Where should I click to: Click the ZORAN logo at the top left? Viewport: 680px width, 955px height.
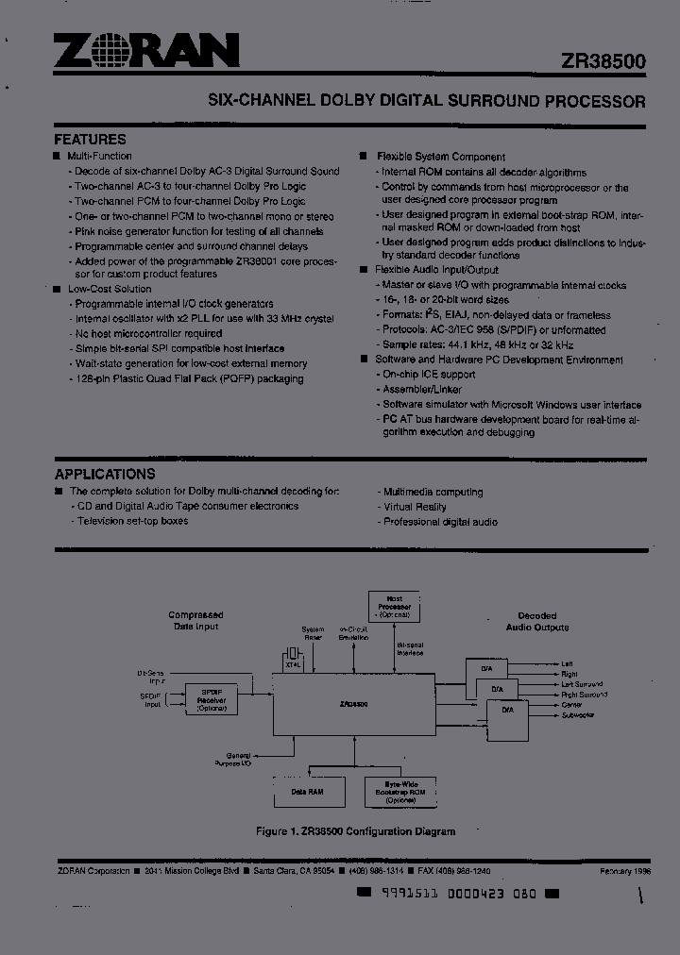click(x=146, y=52)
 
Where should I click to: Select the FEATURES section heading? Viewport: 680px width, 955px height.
click(x=90, y=139)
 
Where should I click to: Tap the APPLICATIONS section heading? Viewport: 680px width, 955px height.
click(x=105, y=474)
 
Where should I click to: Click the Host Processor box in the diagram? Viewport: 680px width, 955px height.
click(x=395, y=604)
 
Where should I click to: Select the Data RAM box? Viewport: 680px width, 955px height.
click(x=309, y=791)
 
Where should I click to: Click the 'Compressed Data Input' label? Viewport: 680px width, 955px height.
click(x=195, y=620)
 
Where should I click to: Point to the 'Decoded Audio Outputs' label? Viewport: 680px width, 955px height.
click(x=536, y=621)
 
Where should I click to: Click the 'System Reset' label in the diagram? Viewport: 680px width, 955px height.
click(x=313, y=632)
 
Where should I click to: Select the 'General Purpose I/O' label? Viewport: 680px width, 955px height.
click(x=238, y=759)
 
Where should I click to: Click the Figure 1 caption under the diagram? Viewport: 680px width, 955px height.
click(x=355, y=831)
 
